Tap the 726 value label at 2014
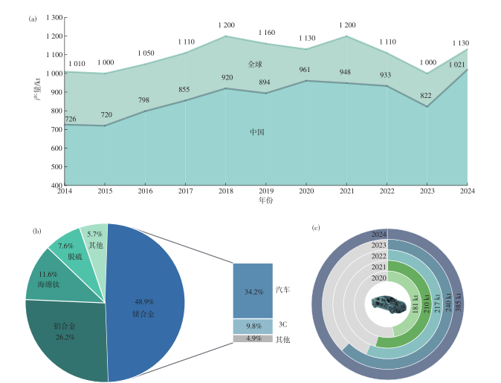[71, 120]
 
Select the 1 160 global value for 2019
[268, 33]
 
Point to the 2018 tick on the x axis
[224, 191]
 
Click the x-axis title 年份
[265, 201]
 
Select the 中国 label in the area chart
[257, 132]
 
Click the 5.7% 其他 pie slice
[95, 239]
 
